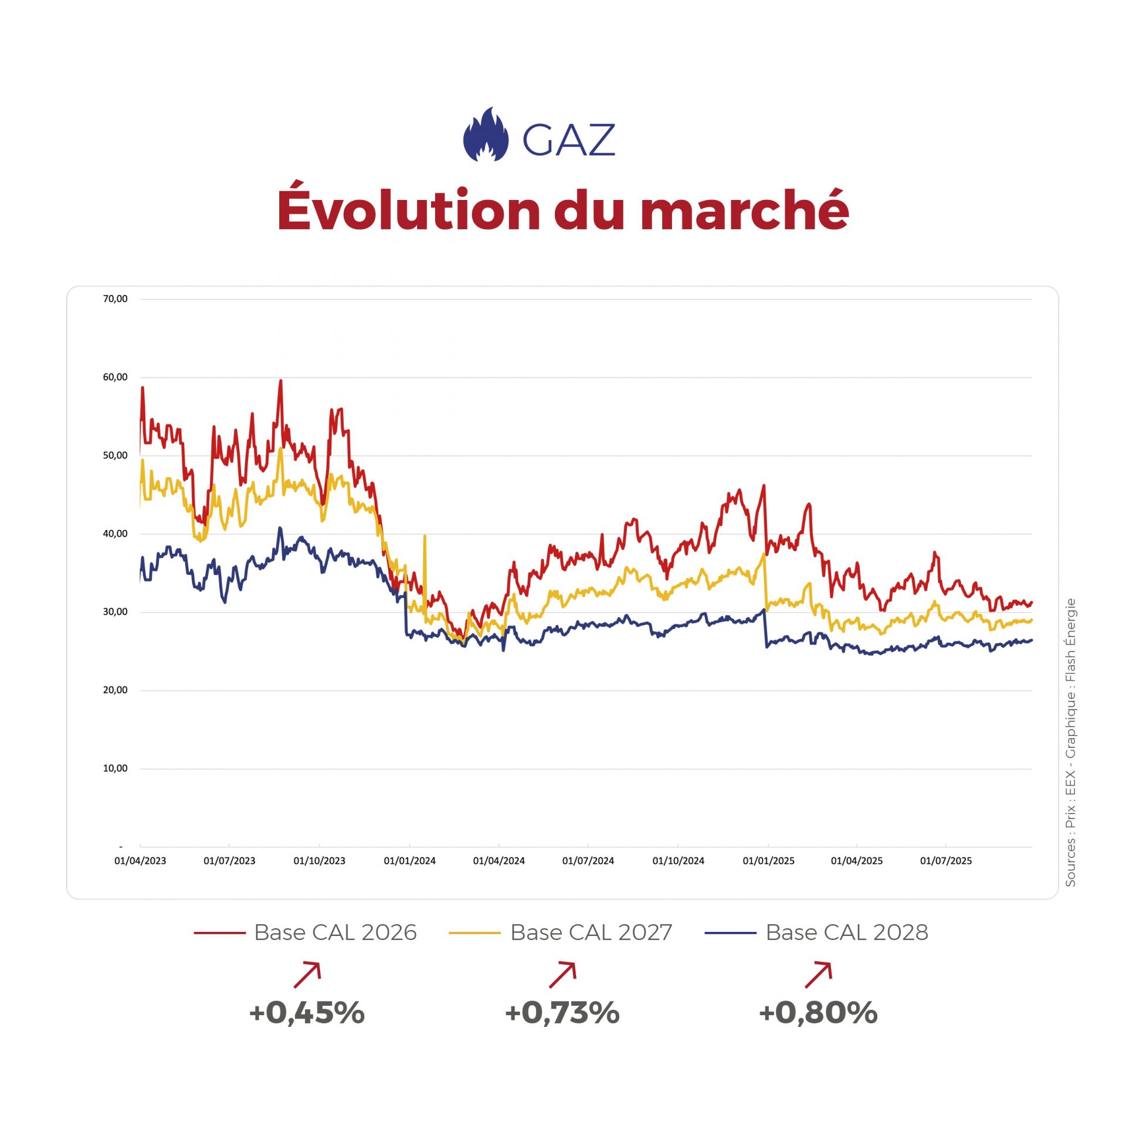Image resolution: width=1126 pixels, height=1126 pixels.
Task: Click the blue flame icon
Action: click(x=486, y=135)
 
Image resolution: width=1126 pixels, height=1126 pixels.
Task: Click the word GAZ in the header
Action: click(x=568, y=140)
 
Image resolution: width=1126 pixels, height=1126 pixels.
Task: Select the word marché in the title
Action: click(x=744, y=209)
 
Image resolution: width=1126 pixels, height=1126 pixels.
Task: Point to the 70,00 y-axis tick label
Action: click(x=115, y=299)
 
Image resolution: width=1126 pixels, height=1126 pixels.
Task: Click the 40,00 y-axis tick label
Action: click(x=115, y=534)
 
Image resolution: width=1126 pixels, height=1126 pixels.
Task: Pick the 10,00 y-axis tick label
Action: click(x=115, y=768)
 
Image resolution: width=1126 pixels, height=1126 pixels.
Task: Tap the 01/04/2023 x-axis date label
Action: click(x=140, y=861)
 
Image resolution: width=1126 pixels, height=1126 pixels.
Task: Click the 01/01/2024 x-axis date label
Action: click(x=409, y=861)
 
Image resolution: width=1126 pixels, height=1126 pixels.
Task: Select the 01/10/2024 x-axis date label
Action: click(x=678, y=861)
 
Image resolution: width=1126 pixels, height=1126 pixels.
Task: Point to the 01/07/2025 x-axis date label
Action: click(x=945, y=861)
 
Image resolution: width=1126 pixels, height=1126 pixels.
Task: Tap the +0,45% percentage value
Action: click(x=307, y=1013)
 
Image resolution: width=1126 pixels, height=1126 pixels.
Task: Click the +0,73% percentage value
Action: click(x=562, y=1013)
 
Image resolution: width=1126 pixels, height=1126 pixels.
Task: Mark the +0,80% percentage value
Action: click(x=818, y=1013)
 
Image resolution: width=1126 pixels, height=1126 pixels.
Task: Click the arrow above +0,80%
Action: click(x=819, y=975)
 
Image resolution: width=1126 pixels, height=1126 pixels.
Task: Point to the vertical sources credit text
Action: click(x=1070, y=742)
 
